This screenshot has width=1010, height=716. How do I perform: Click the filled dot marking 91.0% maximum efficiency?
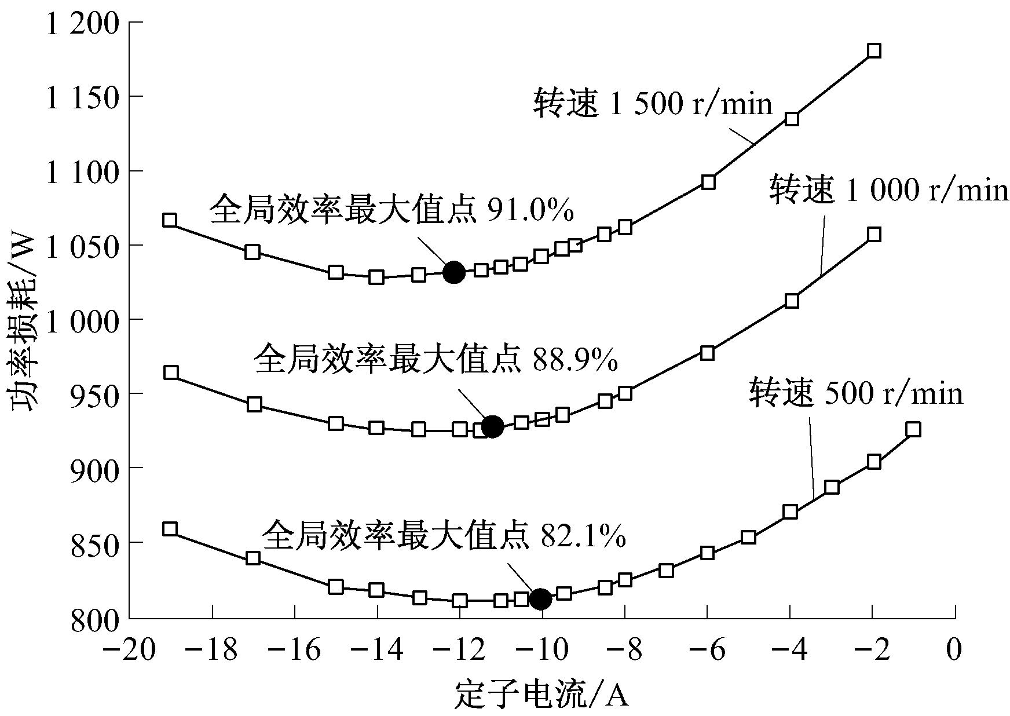point(453,272)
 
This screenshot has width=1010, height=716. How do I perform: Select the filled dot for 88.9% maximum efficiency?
point(492,426)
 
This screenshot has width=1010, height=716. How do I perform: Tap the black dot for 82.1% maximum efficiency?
point(541,599)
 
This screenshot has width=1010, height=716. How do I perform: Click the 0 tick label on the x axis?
point(954,650)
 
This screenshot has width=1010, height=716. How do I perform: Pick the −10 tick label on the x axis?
point(543,650)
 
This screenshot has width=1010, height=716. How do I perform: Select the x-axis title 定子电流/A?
point(541,695)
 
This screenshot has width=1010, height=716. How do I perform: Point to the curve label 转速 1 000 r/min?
point(888,191)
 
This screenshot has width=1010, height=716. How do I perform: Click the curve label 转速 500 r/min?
point(856,393)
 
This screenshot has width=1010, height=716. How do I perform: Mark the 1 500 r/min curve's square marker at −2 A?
point(874,51)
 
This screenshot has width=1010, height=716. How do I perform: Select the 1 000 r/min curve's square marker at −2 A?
point(874,235)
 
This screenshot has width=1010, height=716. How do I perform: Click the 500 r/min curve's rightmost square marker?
point(913,429)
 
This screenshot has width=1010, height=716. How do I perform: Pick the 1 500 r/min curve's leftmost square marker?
point(170,220)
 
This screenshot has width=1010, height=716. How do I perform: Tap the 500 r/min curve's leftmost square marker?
point(170,529)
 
